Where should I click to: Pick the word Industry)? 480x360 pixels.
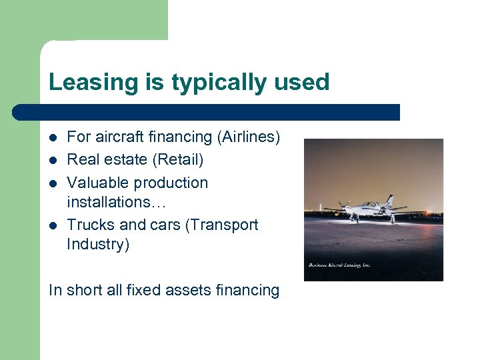coord(98,244)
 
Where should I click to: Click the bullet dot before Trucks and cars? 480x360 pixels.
coord(53,225)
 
